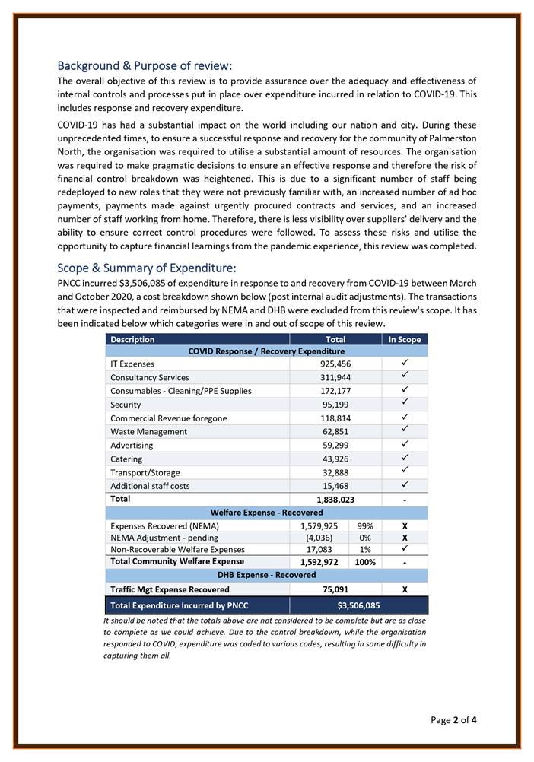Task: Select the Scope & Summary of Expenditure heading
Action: coord(147,268)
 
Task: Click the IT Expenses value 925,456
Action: coord(335,364)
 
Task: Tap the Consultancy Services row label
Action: coord(150,378)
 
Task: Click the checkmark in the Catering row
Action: coord(404,459)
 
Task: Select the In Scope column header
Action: coord(404,339)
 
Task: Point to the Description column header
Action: coord(132,339)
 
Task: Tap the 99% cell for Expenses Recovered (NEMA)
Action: coord(364,526)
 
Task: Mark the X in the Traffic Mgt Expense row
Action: coord(404,589)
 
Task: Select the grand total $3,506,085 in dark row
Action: coord(358,606)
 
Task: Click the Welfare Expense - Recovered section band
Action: coord(266,513)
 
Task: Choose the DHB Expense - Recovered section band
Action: coord(266,575)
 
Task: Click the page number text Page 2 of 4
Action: coord(453,719)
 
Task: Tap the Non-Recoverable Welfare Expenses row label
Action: coord(177,549)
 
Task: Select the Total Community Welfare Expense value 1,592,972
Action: coord(318,562)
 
